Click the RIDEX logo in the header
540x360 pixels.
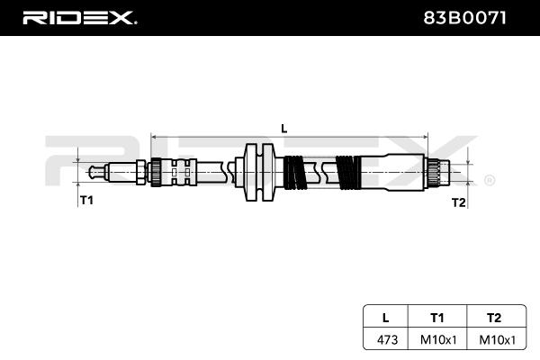79,17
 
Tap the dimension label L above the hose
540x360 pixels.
283,128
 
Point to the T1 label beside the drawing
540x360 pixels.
87,200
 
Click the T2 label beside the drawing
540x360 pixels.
458,202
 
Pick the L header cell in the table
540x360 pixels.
385,317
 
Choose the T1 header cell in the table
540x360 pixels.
437,317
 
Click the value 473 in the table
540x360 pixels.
385,339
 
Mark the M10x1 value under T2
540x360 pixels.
493,339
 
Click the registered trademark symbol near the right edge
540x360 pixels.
490,180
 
